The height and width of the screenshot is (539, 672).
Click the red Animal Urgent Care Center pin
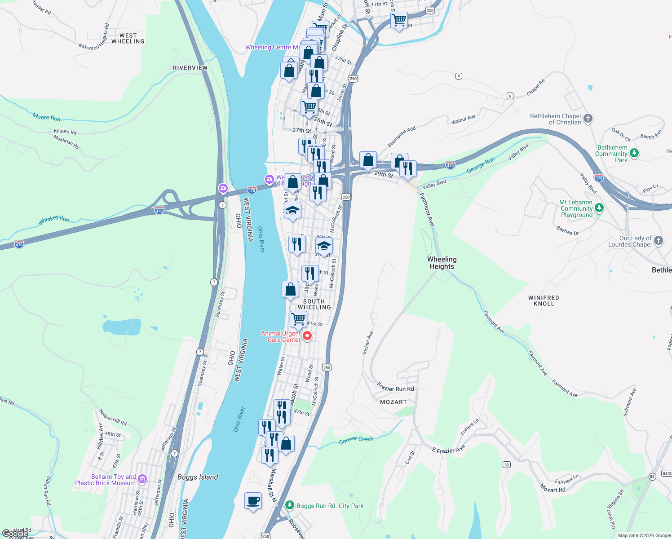coord(307,336)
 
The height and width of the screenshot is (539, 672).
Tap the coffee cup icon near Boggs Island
coord(253,500)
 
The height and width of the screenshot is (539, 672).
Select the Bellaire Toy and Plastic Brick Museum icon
coord(142,479)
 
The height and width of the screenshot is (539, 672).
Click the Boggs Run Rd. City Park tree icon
coord(290,506)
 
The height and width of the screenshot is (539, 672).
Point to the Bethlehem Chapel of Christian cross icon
coord(588,119)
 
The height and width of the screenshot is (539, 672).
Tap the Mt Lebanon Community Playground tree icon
coord(599,208)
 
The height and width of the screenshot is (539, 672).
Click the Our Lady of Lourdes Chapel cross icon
coord(658,241)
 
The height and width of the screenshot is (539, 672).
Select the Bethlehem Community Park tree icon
coord(634,153)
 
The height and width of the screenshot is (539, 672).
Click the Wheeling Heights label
coord(442,263)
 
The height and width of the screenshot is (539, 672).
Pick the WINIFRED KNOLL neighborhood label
coord(544,300)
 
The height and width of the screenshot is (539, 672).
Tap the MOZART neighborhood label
coord(393,402)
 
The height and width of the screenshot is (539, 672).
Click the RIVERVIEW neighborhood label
coord(190,68)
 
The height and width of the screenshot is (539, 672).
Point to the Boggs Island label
coord(198,477)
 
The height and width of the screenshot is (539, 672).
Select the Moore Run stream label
coord(46,117)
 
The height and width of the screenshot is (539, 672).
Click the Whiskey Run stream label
coord(54,219)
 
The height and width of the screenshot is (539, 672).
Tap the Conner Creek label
coord(356,439)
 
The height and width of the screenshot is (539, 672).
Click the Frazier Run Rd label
coord(395,388)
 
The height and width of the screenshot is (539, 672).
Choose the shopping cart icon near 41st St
coord(298,319)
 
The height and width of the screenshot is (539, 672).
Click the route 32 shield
coord(507,464)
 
